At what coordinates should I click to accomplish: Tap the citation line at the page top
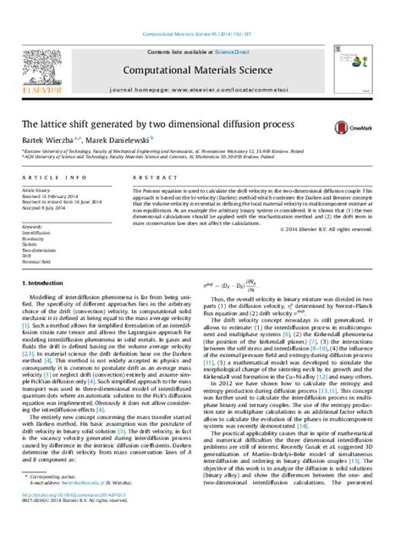point(200,10)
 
